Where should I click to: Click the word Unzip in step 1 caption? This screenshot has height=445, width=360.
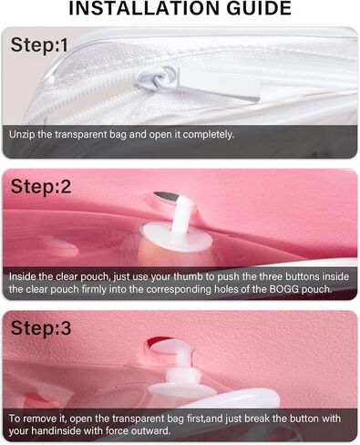click(24, 134)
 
